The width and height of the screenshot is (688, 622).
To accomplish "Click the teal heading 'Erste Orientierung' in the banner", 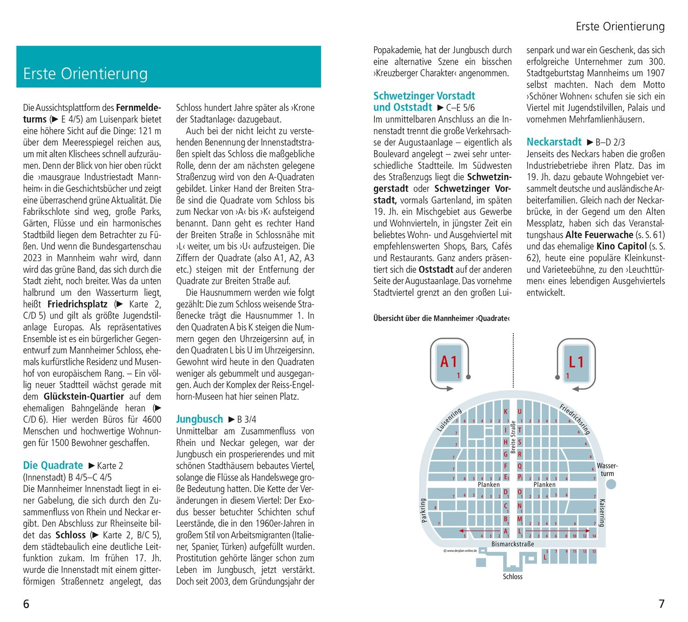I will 85,74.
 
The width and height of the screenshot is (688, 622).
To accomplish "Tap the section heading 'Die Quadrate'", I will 53,465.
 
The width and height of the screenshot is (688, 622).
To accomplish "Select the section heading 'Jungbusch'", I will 200,419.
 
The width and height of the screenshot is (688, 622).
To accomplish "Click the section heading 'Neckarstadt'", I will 554,142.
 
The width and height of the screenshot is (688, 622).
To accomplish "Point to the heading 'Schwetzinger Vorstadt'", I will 424,96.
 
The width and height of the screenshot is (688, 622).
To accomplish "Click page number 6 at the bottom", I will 26,604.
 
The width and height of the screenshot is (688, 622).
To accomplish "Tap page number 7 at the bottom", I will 661,604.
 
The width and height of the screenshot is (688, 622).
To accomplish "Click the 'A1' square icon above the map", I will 449,363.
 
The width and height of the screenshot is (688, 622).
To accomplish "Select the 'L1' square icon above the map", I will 576,363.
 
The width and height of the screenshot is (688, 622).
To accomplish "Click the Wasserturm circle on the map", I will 611,484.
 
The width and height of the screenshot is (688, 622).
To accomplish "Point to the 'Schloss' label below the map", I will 512,577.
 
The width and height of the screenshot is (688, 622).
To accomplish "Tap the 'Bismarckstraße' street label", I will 513,544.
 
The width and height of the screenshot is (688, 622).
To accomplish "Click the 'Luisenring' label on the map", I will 449,419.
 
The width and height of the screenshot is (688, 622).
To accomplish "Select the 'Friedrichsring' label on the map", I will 574,419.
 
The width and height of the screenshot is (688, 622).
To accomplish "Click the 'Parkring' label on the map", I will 423,510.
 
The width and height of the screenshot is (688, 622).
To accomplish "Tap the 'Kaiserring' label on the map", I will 602,512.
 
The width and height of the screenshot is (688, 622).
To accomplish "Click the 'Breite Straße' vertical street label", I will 513,437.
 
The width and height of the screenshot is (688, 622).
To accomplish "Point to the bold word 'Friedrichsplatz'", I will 78,304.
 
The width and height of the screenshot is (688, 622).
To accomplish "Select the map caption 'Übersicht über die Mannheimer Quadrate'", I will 441,318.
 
